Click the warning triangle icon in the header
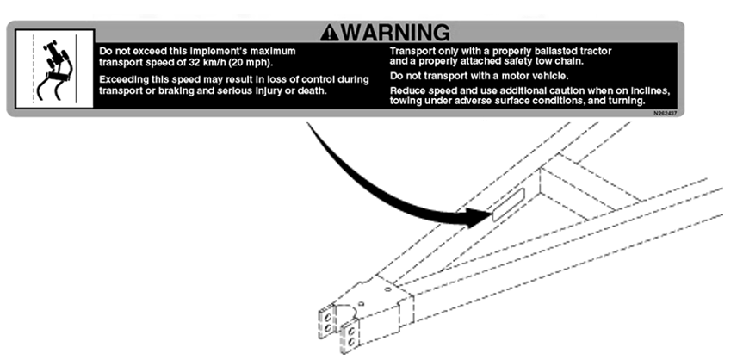click(x=330, y=33)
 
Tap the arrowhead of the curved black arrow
click(x=478, y=217)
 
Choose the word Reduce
click(x=406, y=90)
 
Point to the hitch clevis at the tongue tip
click(x=340, y=328)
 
